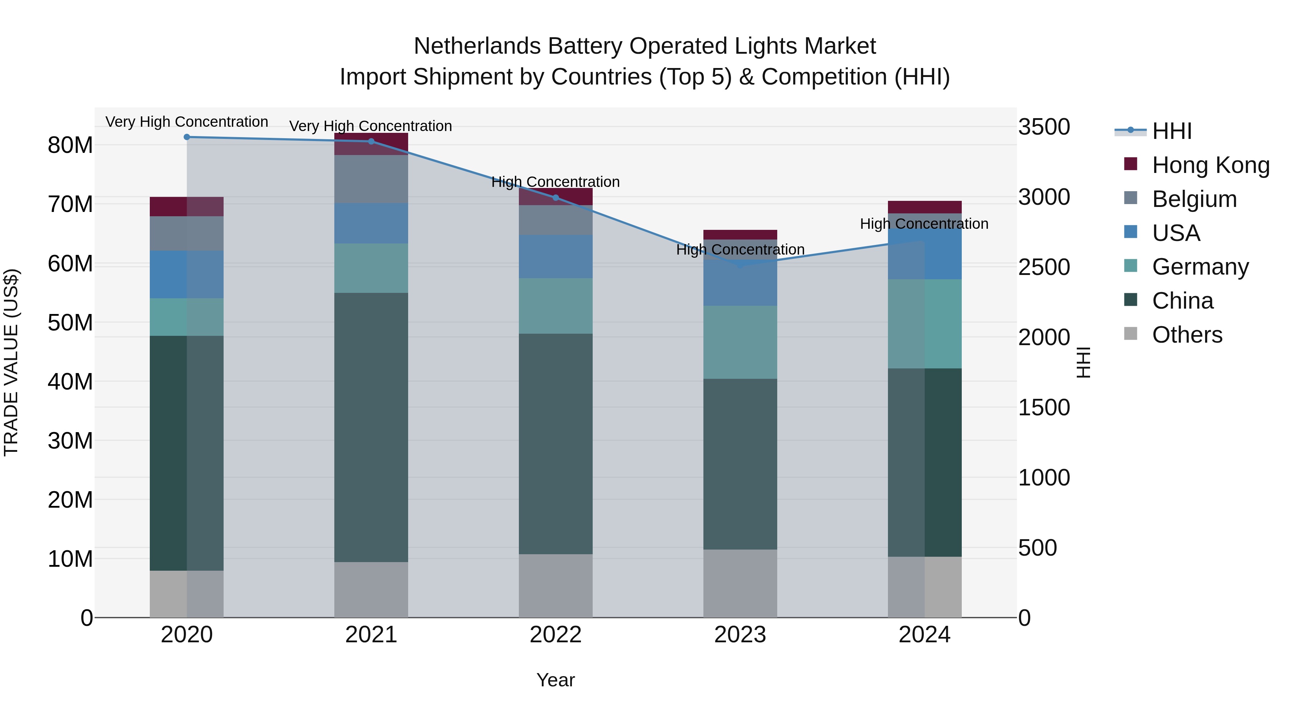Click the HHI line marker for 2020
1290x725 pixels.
click(x=187, y=137)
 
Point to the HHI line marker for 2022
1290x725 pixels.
click(x=555, y=198)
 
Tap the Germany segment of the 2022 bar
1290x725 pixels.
click(x=555, y=306)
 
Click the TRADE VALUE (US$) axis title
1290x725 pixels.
click(x=11, y=362)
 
